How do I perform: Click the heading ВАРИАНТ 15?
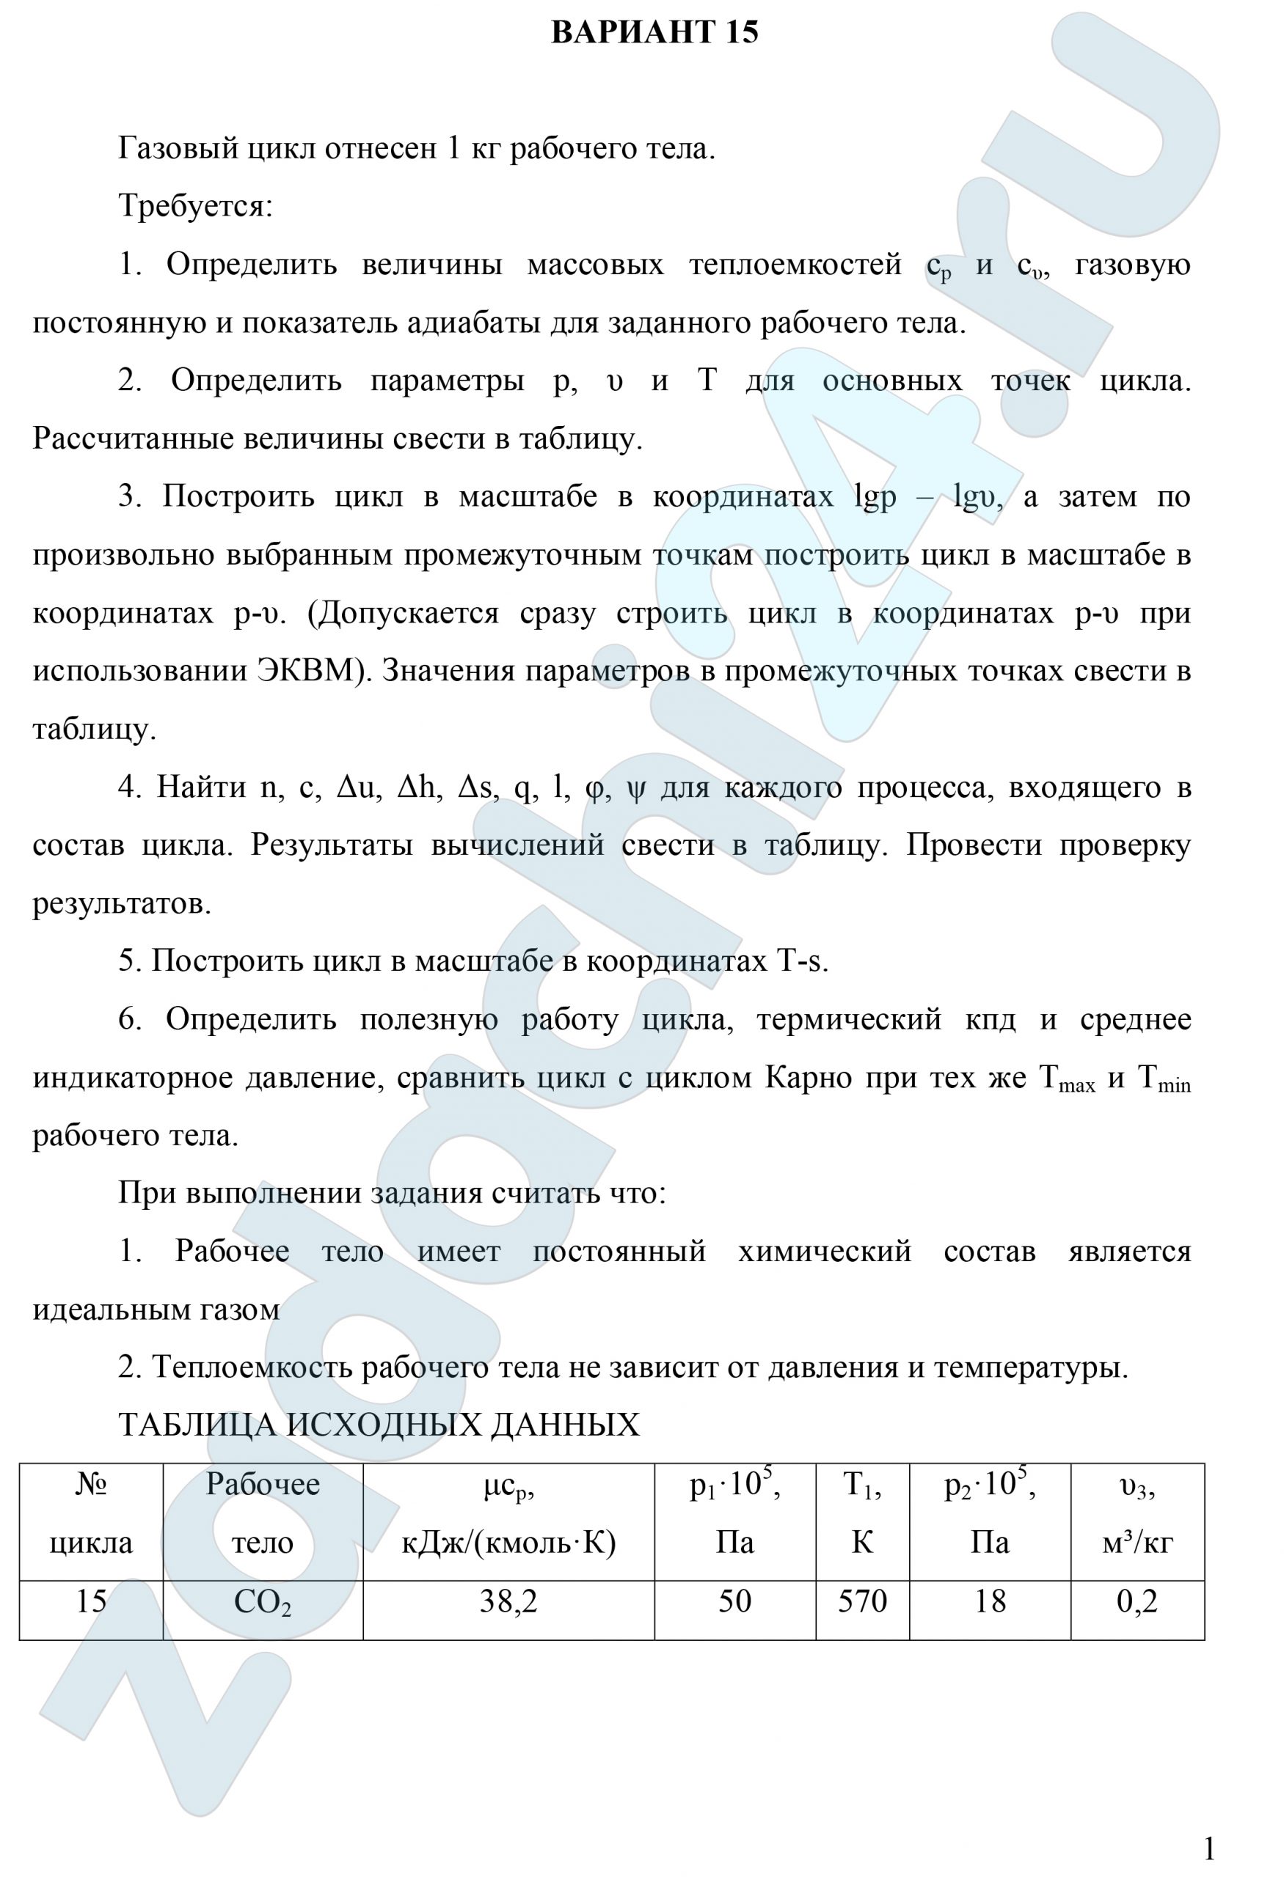point(654,32)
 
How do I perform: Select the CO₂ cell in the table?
point(263,1601)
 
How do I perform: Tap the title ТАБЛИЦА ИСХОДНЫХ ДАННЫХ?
point(379,1425)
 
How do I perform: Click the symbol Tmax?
point(1066,1079)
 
